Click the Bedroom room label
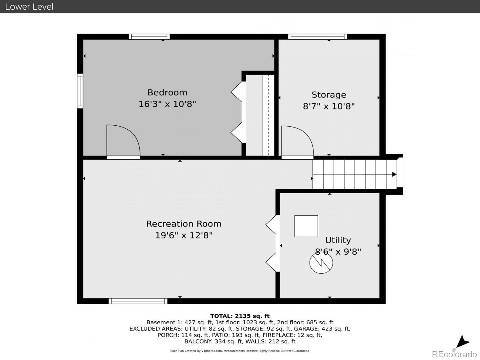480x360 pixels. tap(167, 92)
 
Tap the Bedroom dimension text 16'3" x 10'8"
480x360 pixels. tap(167, 104)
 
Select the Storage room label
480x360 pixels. tap(329, 95)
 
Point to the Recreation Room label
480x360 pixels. tap(184, 224)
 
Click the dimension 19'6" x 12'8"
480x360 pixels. tap(184, 235)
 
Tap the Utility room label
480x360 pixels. tap(338, 240)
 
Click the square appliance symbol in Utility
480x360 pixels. tap(306, 226)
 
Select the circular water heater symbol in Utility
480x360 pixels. tap(321, 262)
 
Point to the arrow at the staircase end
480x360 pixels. tap(394, 174)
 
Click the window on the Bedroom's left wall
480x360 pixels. tap(80, 91)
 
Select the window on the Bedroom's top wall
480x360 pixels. tap(149, 37)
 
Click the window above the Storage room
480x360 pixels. tap(317, 37)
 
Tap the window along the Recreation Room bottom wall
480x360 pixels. tap(138, 301)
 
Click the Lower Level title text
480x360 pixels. tap(29, 7)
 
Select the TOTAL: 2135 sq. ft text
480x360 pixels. tap(240, 316)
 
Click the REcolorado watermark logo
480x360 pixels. tap(454, 354)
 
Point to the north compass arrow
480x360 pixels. tap(463, 342)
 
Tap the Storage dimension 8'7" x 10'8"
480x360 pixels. tap(329, 106)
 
